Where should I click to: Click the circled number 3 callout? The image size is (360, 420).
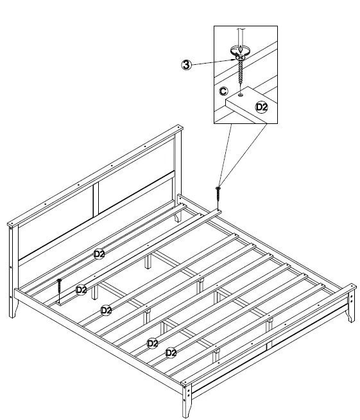point(185,65)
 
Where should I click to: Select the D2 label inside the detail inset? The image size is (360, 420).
point(261,107)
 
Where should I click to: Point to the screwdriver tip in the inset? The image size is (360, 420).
point(239,51)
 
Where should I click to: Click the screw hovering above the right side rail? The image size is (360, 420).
point(218,190)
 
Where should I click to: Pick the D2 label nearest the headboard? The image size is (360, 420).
point(99,254)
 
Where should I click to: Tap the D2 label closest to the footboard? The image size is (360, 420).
point(171,353)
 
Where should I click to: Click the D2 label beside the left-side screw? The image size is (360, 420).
point(81,290)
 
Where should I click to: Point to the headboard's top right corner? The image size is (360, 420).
point(178,130)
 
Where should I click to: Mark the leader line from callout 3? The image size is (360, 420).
point(212,61)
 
